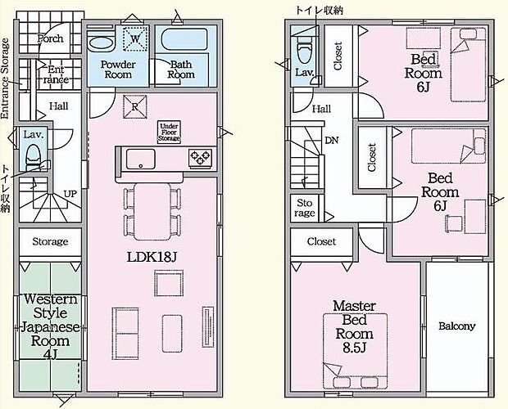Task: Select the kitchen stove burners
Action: pos(201,158)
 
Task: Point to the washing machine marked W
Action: pos(134,38)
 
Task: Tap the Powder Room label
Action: pos(117,68)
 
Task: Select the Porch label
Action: pos(51,38)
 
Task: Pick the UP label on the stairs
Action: pos(70,194)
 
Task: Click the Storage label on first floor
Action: pos(50,242)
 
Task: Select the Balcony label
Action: pos(456,326)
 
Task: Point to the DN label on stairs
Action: pos(331,140)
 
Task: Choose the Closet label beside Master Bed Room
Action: pos(320,242)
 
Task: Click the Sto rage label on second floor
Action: pos(305,209)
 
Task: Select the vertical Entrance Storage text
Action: pos(6,78)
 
